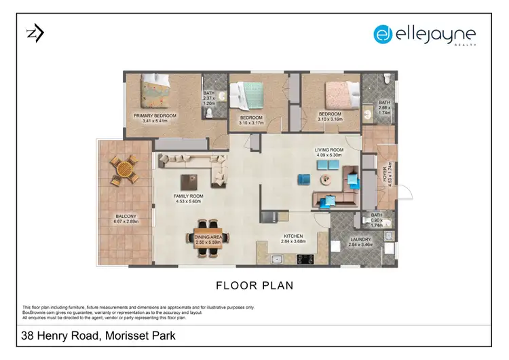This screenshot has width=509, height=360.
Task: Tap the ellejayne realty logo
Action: pyautogui.click(x=425, y=35)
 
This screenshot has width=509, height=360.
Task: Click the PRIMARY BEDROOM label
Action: pyautogui.click(x=155, y=116)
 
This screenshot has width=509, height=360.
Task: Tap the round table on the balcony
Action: pyautogui.click(x=125, y=170)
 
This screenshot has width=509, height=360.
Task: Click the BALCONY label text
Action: pyautogui.click(x=126, y=217)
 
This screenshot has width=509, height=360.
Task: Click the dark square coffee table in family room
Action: pyautogui.click(x=189, y=182)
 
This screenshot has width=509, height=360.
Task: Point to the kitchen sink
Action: pyautogui.click(x=276, y=259)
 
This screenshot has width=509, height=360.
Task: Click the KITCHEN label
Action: pyautogui.click(x=293, y=236)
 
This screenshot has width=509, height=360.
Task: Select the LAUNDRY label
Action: pyautogui.click(x=358, y=238)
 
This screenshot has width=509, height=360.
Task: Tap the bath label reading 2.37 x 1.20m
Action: pyautogui.click(x=209, y=101)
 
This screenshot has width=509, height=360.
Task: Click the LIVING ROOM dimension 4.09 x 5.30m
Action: pyautogui.click(x=328, y=156)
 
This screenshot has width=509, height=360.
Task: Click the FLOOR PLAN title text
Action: pyautogui.click(x=254, y=285)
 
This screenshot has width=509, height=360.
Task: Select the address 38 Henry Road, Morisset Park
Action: pyautogui.click(x=99, y=335)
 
